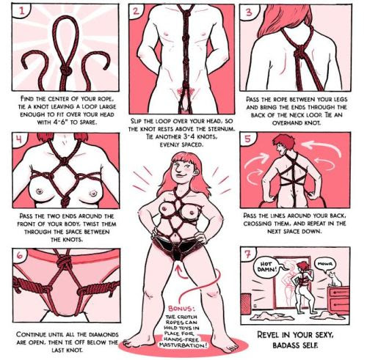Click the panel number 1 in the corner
pos(22,11)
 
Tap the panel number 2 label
pos(137,12)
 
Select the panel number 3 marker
pos(249,12)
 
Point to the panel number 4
pos(19,139)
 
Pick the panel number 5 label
pos(247,139)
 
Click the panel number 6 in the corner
pos(20,255)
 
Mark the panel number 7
pos(248,254)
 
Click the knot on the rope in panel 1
pos(65,70)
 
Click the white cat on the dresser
pos(334,279)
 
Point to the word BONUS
pos(181,309)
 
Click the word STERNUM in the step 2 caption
pos(222,129)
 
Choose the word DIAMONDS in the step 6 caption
pos(104,334)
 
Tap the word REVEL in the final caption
pos(268,334)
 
